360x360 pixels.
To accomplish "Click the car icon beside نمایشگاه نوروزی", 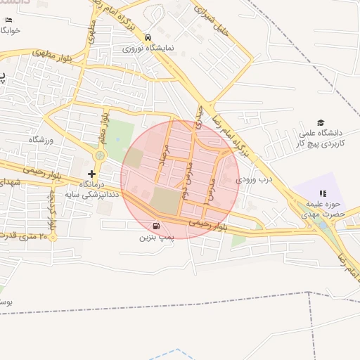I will pyautogui.click(x=147, y=37).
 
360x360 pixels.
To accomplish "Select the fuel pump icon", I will pyautogui.click(x=155, y=226).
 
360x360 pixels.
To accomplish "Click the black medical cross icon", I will pyautogui.click(x=91, y=174).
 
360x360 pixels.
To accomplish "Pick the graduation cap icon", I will pyautogui.click(x=321, y=123).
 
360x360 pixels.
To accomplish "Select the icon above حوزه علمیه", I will pyautogui.click(x=323, y=193).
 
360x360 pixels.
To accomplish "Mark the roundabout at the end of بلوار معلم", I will pyautogui.click(x=100, y=155).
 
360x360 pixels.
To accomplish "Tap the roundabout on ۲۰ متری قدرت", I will pyautogui.click(x=51, y=237).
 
